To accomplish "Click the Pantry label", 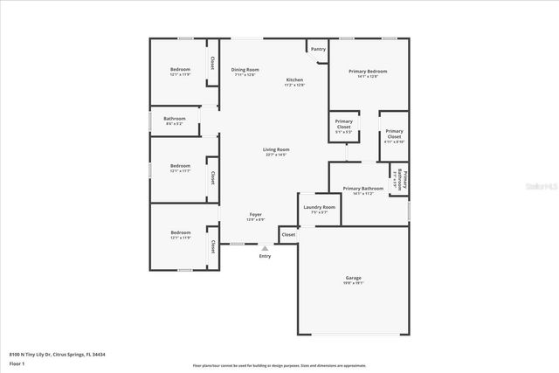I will point(318,49).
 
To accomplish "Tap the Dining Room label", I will point(245,70).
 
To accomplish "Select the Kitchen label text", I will point(295,80).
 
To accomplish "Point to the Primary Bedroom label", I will point(367,71).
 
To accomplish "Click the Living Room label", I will point(276,149).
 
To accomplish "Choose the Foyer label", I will point(256,214).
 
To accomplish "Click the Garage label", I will point(353,278).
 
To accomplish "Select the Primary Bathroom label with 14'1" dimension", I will point(363,189).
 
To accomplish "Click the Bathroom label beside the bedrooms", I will point(174,119).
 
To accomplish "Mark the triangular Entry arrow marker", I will point(265,248).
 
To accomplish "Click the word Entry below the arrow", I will point(265,256).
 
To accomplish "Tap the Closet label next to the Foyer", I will point(288,234).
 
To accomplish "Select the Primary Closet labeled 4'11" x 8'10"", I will point(394,135).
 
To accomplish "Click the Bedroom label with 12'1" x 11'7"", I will point(180,166).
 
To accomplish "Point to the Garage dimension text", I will point(353,283).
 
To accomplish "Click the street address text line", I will point(56,355).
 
